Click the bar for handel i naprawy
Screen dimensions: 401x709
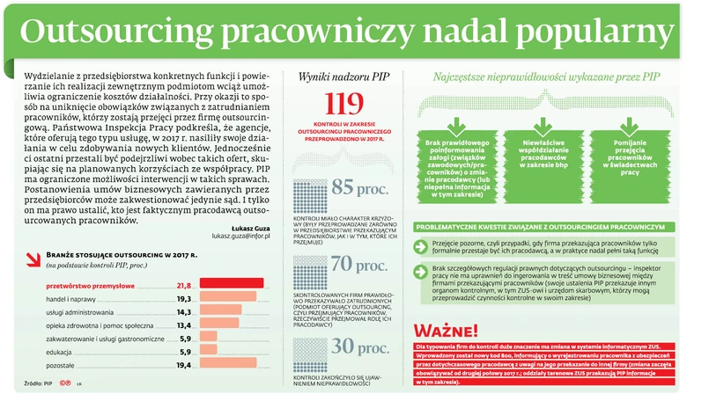click(x=226, y=298)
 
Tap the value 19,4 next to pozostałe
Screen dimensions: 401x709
click(x=183, y=364)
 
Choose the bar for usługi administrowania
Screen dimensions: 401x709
click(x=219, y=311)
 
